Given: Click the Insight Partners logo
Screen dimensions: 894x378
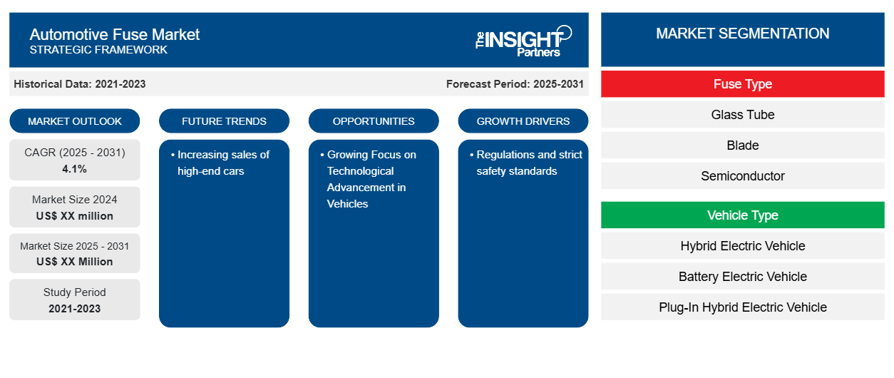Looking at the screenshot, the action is tap(523, 41).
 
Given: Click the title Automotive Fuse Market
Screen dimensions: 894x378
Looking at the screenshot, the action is tap(115, 34).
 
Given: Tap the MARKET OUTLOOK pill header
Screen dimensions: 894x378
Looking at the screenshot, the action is tap(75, 121).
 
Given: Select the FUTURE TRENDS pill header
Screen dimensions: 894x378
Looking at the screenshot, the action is tap(224, 121).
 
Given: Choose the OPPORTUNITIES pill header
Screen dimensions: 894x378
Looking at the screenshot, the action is tap(374, 121).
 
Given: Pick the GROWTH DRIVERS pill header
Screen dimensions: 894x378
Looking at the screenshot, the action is tap(523, 121).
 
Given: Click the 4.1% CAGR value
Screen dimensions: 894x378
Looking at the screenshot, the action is tap(74, 169).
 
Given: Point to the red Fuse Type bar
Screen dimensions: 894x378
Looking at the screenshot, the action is tap(742, 84).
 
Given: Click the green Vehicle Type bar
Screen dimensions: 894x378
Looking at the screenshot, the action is tap(742, 215).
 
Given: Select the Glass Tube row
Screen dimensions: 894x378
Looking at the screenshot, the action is tap(742, 115).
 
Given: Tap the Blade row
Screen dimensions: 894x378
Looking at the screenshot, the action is tap(742, 145).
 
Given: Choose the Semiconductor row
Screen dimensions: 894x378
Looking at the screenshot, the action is tap(742, 175).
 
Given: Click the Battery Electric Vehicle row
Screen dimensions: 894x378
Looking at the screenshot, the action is tap(742, 276).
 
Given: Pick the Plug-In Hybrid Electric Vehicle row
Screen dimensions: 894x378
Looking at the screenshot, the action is tap(742, 307).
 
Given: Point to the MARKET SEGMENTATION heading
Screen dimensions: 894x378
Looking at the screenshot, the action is tap(742, 34).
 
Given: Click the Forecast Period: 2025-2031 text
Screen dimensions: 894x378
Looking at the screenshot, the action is tap(515, 84).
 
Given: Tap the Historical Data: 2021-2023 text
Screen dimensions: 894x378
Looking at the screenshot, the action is tap(80, 84).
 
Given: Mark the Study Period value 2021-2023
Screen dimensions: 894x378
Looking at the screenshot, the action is tap(75, 309).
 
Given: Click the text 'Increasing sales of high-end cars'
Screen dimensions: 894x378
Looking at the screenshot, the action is tap(220, 163).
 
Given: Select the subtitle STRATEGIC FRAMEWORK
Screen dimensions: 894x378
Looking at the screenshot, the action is tap(98, 50).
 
